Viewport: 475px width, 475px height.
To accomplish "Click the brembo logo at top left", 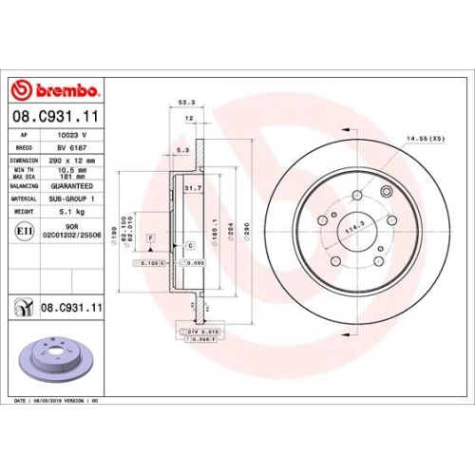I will pos(54,90).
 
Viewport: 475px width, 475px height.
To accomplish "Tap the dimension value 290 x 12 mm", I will pos(78,161).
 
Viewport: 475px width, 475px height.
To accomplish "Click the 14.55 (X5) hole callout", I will pos(424,140).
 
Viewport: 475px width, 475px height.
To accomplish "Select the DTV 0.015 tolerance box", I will pos(202,330).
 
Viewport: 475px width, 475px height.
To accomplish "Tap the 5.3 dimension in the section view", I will pos(182,149).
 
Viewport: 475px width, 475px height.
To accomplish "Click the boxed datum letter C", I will pos(190,245).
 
